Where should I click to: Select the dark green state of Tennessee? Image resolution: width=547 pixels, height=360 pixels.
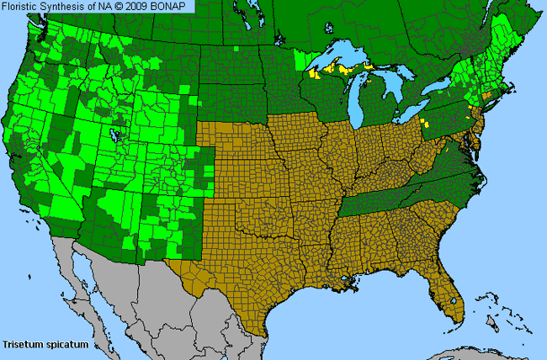[379, 202]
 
